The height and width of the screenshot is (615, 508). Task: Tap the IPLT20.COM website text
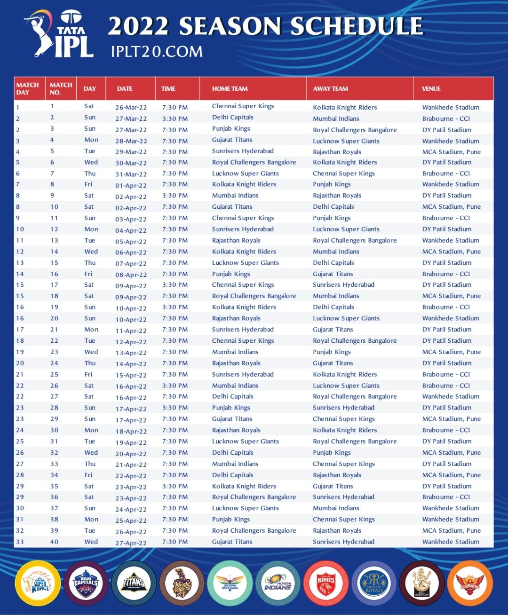pos(157,51)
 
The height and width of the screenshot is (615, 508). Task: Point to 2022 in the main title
pos(138,26)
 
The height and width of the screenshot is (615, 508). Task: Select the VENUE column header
pos(431,88)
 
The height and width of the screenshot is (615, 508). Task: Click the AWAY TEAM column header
pos(330,88)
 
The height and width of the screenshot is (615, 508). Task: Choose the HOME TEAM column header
pos(230,88)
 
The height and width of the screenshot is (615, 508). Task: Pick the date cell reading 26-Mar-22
pos(131,107)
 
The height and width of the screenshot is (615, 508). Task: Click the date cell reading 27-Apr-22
pos(131,543)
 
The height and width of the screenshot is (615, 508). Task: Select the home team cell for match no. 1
pos(243,106)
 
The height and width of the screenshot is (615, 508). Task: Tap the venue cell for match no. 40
pos(451,542)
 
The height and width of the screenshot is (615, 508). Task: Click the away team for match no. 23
pos(332,352)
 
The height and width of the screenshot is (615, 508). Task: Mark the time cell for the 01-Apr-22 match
pos(175,184)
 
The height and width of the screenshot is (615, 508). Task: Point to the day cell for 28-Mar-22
pos(91,140)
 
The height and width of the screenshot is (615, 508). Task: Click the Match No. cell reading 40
pos(55,542)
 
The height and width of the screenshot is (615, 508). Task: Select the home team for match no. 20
pos(236,318)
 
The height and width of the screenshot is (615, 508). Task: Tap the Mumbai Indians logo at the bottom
pos(278,583)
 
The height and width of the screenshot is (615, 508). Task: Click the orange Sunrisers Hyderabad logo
pos(470,583)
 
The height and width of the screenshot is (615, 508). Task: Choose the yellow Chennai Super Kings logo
pos(38,583)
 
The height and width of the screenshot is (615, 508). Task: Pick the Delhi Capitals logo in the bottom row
pos(86,583)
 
